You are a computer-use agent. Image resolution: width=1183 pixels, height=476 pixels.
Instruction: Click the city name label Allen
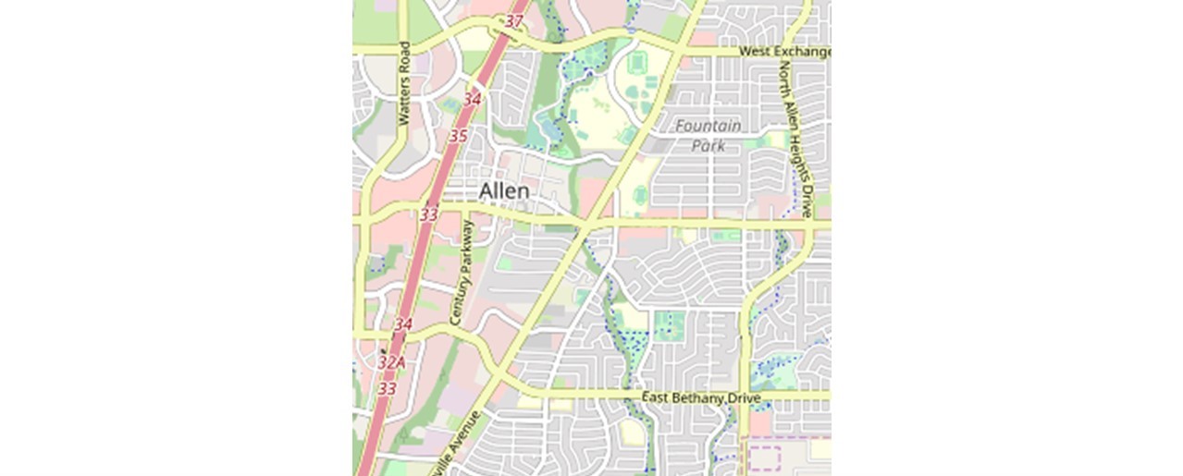(504, 190)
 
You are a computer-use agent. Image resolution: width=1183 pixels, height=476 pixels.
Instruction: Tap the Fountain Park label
(709, 135)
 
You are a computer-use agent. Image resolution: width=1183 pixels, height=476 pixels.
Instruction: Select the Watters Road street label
(403, 83)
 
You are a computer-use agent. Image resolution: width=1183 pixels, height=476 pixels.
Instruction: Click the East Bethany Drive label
(700, 398)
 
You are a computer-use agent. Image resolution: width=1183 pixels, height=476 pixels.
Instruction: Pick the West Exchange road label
(784, 52)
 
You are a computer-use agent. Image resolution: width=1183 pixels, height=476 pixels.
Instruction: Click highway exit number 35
(458, 136)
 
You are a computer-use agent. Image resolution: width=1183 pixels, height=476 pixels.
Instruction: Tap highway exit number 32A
(391, 363)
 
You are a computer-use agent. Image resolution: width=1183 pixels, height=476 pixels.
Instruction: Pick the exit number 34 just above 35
(473, 98)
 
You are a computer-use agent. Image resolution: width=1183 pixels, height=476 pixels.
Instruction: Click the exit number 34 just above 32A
(402, 325)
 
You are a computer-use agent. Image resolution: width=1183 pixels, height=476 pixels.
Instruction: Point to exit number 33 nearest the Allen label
(429, 214)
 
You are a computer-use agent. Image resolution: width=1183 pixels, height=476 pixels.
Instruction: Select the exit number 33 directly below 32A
(387, 389)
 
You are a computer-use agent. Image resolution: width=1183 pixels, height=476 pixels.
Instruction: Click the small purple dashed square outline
(764, 458)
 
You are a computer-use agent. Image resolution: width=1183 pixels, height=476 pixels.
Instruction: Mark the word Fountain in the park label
(709, 126)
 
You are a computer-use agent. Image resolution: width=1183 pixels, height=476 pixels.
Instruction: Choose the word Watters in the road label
(403, 103)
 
